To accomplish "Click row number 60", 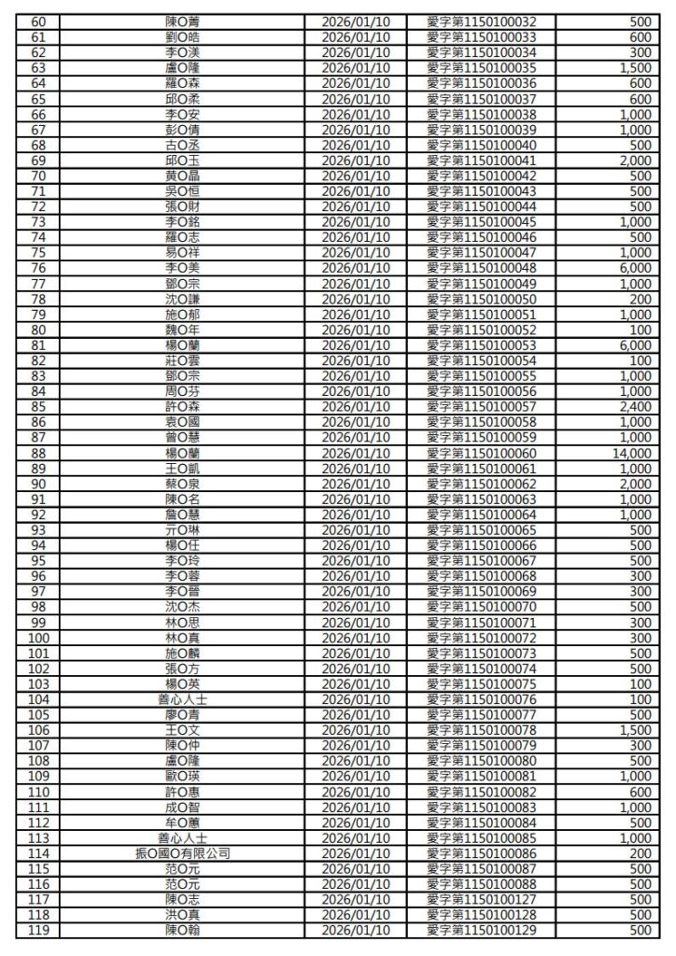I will point(39,21).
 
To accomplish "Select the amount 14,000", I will point(629,454).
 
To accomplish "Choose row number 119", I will point(39,931).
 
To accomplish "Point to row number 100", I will point(39,638).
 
